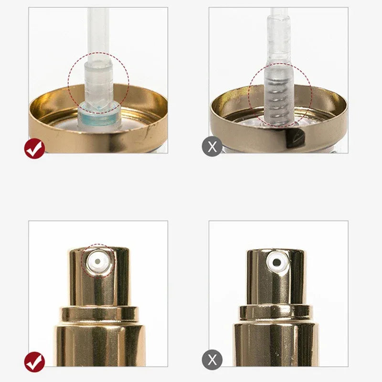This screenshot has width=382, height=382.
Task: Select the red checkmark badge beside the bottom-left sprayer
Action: [x=34, y=361]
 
